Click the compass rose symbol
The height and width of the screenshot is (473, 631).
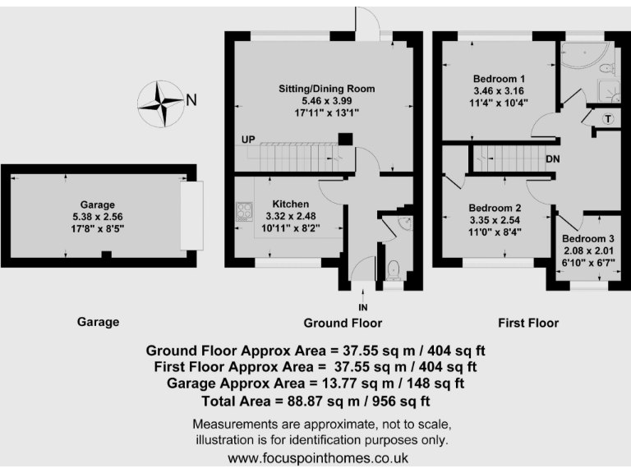tap(160, 103)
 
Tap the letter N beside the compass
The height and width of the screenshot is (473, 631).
tap(191, 100)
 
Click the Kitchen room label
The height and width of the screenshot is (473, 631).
tap(291, 204)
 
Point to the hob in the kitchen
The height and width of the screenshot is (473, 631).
tap(244, 212)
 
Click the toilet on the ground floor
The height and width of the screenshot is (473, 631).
tap(393, 268)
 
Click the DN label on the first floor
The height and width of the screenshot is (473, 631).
tap(554, 158)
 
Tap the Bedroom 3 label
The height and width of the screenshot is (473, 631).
tap(588, 238)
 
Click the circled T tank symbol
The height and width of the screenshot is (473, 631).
tap(608, 119)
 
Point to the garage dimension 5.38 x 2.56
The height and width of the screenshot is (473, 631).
tap(97, 218)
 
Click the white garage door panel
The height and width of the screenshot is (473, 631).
tap(191, 216)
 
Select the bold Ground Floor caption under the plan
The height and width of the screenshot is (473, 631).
tap(343, 323)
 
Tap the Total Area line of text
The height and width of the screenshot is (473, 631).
tap(315, 402)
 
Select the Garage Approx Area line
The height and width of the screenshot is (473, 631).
tap(315, 383)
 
